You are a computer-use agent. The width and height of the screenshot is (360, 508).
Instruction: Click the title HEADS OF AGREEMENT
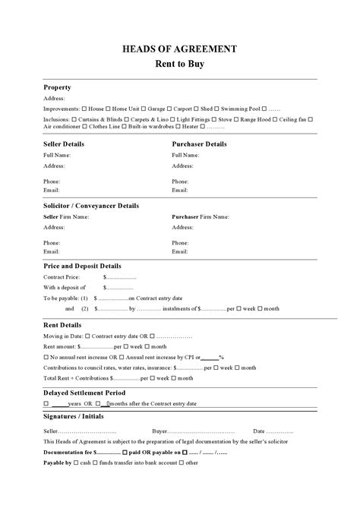tap(179, 49)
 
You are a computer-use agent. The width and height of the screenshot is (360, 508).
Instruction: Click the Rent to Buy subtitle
tap(179, 65)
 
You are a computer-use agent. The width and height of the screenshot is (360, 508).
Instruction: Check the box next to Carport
tap(169, 109)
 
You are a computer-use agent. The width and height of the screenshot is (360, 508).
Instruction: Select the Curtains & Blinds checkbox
tap(76, 119)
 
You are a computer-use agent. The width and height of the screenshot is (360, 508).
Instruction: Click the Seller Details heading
tap(64, 144)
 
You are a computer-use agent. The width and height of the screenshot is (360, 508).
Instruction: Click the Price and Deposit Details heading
tap(82, 266)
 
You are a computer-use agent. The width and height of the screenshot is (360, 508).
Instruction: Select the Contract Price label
tap(63, 277)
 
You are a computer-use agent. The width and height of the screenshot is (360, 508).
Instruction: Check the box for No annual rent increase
tap(46, 357)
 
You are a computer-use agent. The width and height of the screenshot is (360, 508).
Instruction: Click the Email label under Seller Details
tap(52, 190)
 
